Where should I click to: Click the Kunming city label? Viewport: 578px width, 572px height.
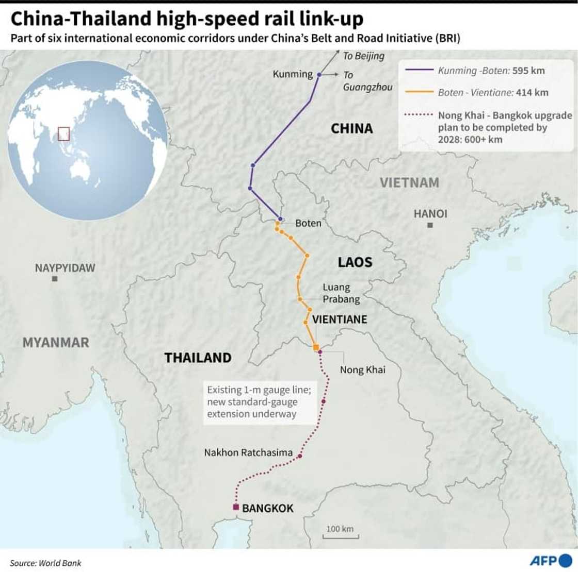click(x=293, y=74)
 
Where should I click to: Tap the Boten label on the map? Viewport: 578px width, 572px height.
click(x=308, y=223)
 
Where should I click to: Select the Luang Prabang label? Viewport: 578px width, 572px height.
click(x=341, y=293)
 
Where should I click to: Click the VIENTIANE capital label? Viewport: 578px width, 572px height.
click(x=340, y=319)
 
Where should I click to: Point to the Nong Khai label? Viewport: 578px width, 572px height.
click(x=362, y=369)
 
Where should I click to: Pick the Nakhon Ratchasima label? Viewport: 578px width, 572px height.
click(x=248, y=452)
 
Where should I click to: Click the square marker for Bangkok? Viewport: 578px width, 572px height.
click(x=236, y=507)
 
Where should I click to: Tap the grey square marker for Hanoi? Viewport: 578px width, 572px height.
click(x=430, y=225)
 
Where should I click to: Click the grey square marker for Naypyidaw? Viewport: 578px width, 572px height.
click(x=55, y=279)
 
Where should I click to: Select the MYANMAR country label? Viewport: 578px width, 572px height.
click(x=56, y=342)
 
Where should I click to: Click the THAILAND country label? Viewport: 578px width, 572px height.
click(x=198, y=358)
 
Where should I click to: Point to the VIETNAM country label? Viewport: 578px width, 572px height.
click(x=409, y=182)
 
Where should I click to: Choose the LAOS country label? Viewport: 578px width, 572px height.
click(x=355, y=262)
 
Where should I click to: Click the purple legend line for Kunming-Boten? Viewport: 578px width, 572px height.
click(x=419, y=71)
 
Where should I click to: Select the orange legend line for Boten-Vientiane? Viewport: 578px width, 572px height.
click(x=419, y=93)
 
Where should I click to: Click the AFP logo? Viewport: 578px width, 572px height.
click(x=551, y=561)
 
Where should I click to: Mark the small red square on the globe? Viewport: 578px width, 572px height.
click(x=63, y=133)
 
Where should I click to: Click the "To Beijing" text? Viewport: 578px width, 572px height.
click(x=364, y=56)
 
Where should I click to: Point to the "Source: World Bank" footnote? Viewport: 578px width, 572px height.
click(x=45, y=563)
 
